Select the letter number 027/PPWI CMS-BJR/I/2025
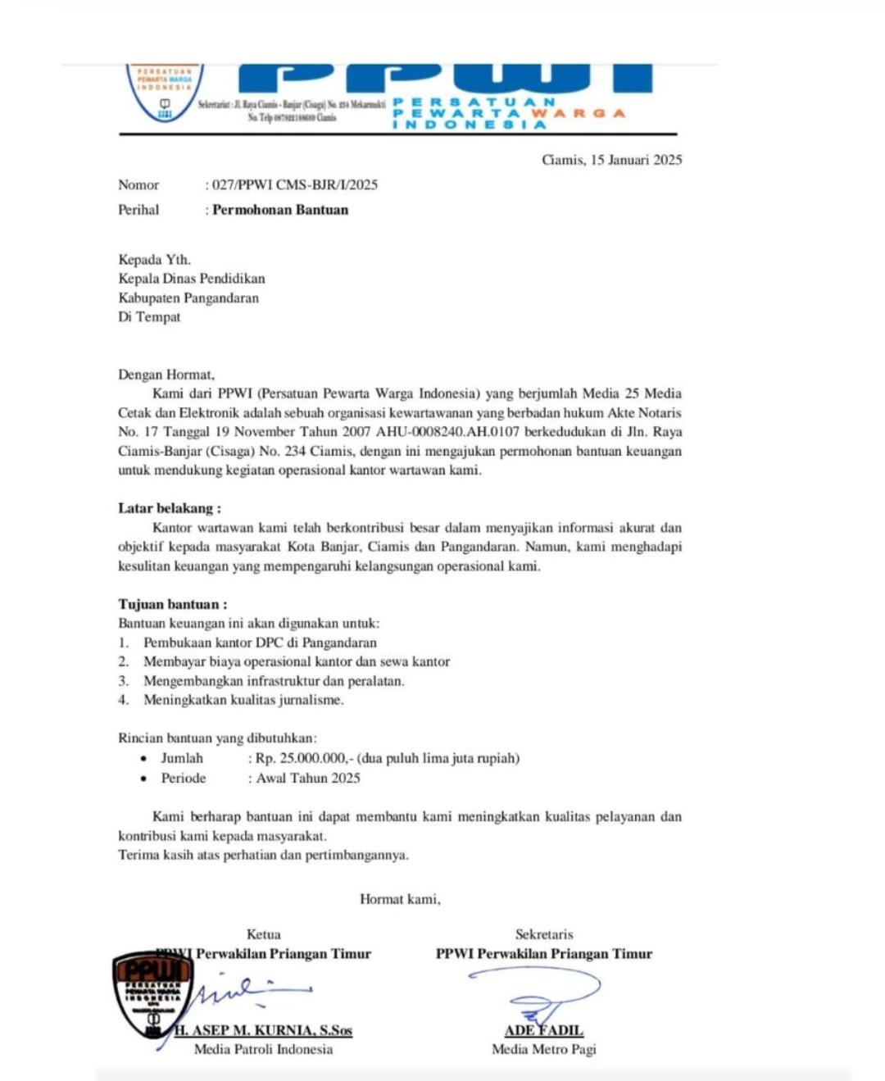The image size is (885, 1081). (295, 185)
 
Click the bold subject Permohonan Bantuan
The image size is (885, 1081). (280, 210)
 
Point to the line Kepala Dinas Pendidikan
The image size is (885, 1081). (191, 279)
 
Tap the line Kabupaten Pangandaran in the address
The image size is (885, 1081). (188, 298)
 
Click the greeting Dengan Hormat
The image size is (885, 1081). (166, 375)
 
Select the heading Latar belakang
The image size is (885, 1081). (169, 508)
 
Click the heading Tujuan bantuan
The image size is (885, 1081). (172, 605)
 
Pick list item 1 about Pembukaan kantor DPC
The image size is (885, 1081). (260, 643)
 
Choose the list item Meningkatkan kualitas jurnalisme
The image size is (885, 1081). (243, 700)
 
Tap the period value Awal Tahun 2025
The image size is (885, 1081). (308, 778)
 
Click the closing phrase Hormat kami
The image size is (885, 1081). (400, 899)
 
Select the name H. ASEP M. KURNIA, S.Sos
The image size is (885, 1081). (263, 1030)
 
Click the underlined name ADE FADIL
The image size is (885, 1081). (544, 1030)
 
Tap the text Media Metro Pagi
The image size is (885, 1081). (544, 1049)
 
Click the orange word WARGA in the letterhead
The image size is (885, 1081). (579, 113)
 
